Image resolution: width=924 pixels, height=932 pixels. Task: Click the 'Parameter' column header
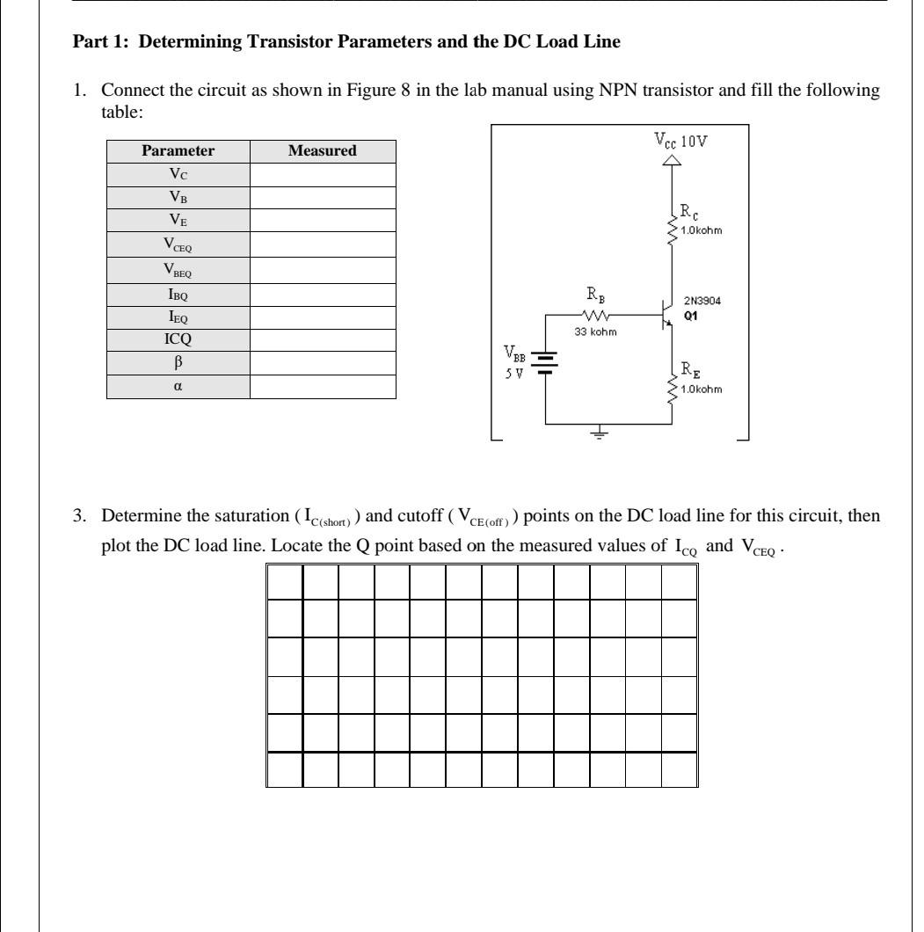(x=178, y=151)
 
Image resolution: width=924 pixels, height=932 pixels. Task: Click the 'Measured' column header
(x=323, y=151)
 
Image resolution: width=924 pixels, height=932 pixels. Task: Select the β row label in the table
(x=178, y=367)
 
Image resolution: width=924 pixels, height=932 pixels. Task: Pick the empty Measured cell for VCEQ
(x=323, y=238)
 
